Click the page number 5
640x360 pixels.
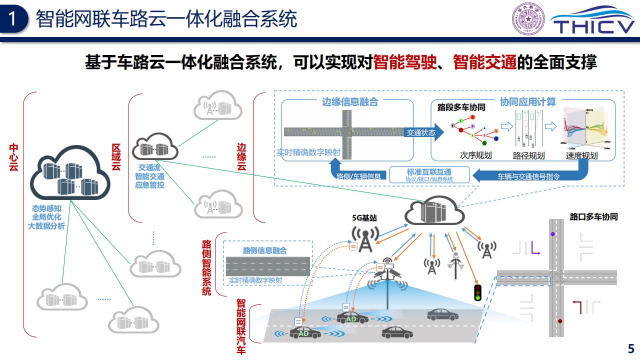point(631,348)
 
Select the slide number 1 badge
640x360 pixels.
point(14,19)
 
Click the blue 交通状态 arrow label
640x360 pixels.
point(420,132)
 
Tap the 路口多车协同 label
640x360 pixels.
point(593,217)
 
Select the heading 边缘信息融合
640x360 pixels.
point(349,102)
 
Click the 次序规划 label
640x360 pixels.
point(475,155)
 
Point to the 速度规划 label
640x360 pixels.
point(581,155)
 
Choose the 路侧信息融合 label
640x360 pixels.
point(264,250)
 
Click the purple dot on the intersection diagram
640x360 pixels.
point(552,234)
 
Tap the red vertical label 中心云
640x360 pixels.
point(14,157)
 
